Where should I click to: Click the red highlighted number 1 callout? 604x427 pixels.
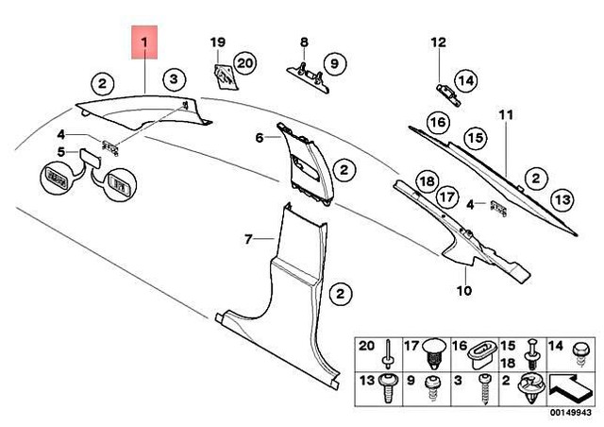click(145, 44)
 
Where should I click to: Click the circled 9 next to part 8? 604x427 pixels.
click(331, 64)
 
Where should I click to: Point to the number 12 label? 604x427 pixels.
click(437, 43)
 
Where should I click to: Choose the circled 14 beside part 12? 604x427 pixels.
click(466, 81)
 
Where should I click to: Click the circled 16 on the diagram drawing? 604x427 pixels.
click(436, 122)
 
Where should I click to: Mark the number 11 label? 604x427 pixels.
click(505, 115)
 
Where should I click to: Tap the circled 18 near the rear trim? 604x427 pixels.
click(426, 180)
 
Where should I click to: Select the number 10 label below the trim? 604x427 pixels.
click(463, 290)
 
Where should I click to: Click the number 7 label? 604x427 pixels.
click(249, 240)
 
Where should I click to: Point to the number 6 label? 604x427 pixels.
click(260, 138)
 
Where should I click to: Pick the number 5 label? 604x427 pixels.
click(61, 152)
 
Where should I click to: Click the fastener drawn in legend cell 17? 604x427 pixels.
click(434, 351)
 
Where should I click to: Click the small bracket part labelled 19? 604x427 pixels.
click(223, 76)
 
